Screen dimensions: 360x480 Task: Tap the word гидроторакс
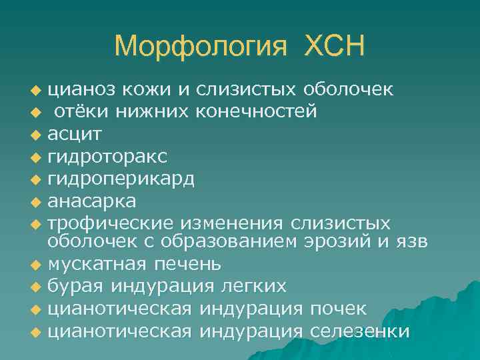tap(108, 156)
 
